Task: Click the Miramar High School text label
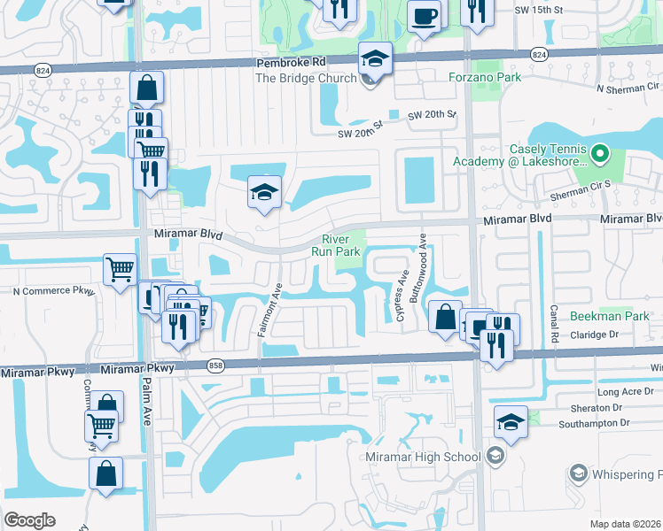point(423,457)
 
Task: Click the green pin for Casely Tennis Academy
point(600,154)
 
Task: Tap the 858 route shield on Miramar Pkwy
point(214,365)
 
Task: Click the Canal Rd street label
point(553,324)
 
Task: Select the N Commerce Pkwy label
point(53,290)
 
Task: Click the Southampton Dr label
point(600,423)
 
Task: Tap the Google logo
point(29,520)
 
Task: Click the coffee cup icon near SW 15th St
point(424,15)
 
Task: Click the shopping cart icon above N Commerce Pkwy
point(119,269)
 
